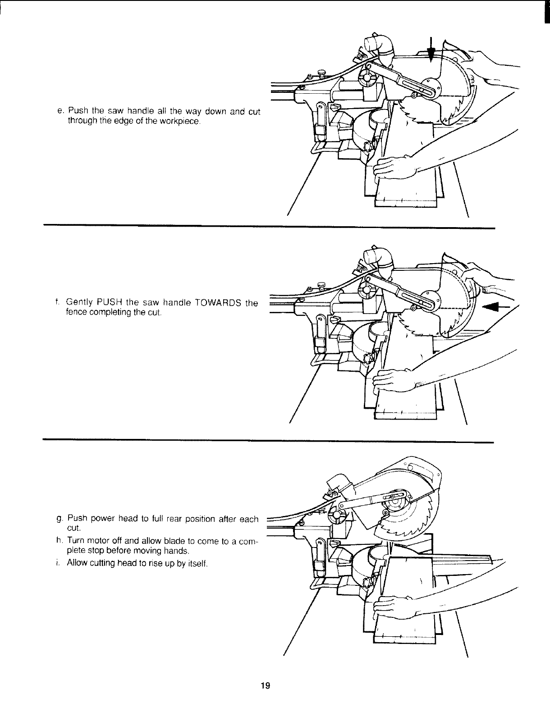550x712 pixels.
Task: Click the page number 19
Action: (x=265, y=686)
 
